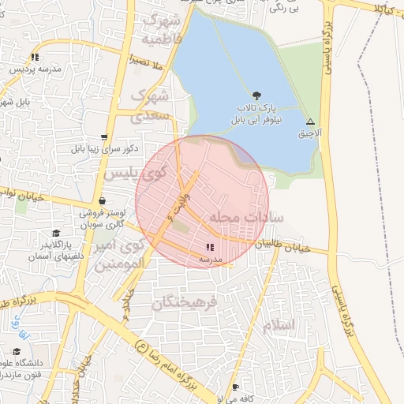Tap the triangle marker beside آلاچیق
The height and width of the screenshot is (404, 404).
[x=310, y=122]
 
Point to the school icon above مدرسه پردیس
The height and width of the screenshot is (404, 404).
[x=36, y=57]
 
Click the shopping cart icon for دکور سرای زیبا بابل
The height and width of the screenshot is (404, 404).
[x=105, y=137]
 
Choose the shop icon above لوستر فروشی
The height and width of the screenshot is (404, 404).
[x=104, y=200]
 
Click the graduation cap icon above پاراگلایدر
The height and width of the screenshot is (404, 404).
[x=55, y=234]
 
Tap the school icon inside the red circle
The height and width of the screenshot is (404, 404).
[x=209, y=247]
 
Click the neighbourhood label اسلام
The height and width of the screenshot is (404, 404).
[x=279, y=325]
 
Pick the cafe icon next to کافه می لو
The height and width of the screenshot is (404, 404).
[x=236, y=387]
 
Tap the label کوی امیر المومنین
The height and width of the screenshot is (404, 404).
[x=122, y=254]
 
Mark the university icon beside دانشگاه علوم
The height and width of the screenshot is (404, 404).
[x=17, y=352]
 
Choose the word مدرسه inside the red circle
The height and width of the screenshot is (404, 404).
[x=210, y=259]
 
